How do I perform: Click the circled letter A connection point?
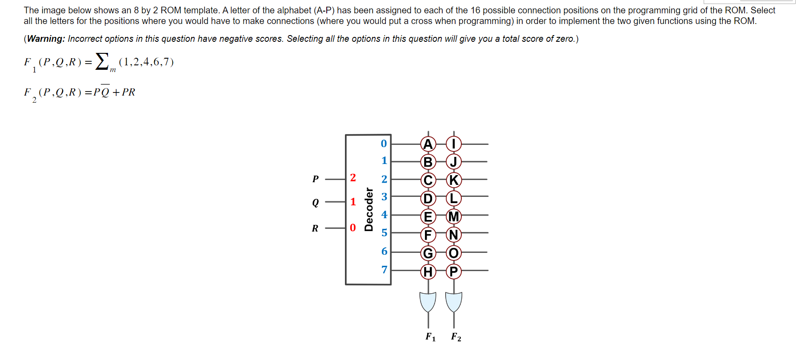tap(428, 144)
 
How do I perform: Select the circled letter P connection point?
tap(453, 271)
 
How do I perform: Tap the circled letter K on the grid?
tap(453, 180)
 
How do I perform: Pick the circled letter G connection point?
tap(428, 253)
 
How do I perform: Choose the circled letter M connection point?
tap(453, 216)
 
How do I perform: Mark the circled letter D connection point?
tap(428, 198)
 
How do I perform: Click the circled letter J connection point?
tap(453, 162)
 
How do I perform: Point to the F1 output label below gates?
tap(430, 337)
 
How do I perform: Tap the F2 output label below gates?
tap(456, 337)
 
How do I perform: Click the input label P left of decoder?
tap(316, 179)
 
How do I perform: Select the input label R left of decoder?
tap(315, 228)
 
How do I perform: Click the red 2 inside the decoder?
tap(353, 178)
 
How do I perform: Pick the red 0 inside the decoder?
tap(353, 228)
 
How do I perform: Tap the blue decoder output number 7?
tap(384, 270)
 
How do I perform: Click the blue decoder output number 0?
tap(384, 144)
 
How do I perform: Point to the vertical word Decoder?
tap(368, 209)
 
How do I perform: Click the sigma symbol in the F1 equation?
tap(102, 61)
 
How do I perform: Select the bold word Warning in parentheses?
tap(46, 39)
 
